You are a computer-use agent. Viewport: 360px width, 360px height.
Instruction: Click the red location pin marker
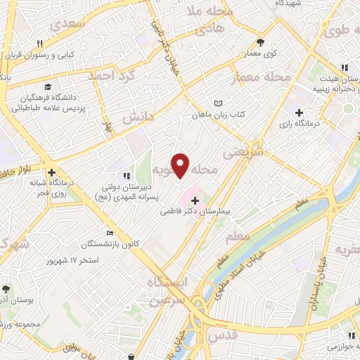tap(181, 165)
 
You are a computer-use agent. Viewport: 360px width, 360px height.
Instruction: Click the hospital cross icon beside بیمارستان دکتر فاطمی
tap(195, 201)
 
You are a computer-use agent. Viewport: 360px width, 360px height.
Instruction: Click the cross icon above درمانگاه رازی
tap(299, 112)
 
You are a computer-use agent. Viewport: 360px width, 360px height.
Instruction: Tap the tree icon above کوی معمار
tap(260, 42)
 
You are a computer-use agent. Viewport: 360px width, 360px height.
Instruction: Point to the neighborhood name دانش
tap(138, 117)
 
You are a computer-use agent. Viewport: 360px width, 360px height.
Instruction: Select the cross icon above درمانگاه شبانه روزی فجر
tap(51, 172)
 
